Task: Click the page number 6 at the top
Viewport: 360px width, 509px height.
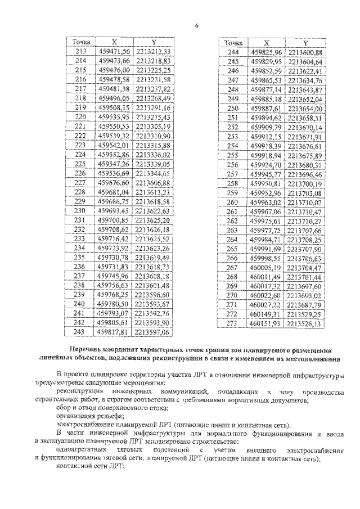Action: pos(197,25)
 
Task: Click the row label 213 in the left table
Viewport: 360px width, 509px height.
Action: pos(80,52)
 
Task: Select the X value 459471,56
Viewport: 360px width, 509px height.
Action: pos(114,52)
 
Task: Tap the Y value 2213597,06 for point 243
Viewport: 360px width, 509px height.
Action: pos(152,332)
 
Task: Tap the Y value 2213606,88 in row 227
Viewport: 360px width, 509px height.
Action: pos(152,183)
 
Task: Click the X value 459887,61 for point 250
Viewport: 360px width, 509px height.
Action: pos(267,108)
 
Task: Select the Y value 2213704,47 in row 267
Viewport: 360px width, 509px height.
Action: pos(305,268)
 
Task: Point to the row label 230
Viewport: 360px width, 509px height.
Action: pos(80,210)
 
